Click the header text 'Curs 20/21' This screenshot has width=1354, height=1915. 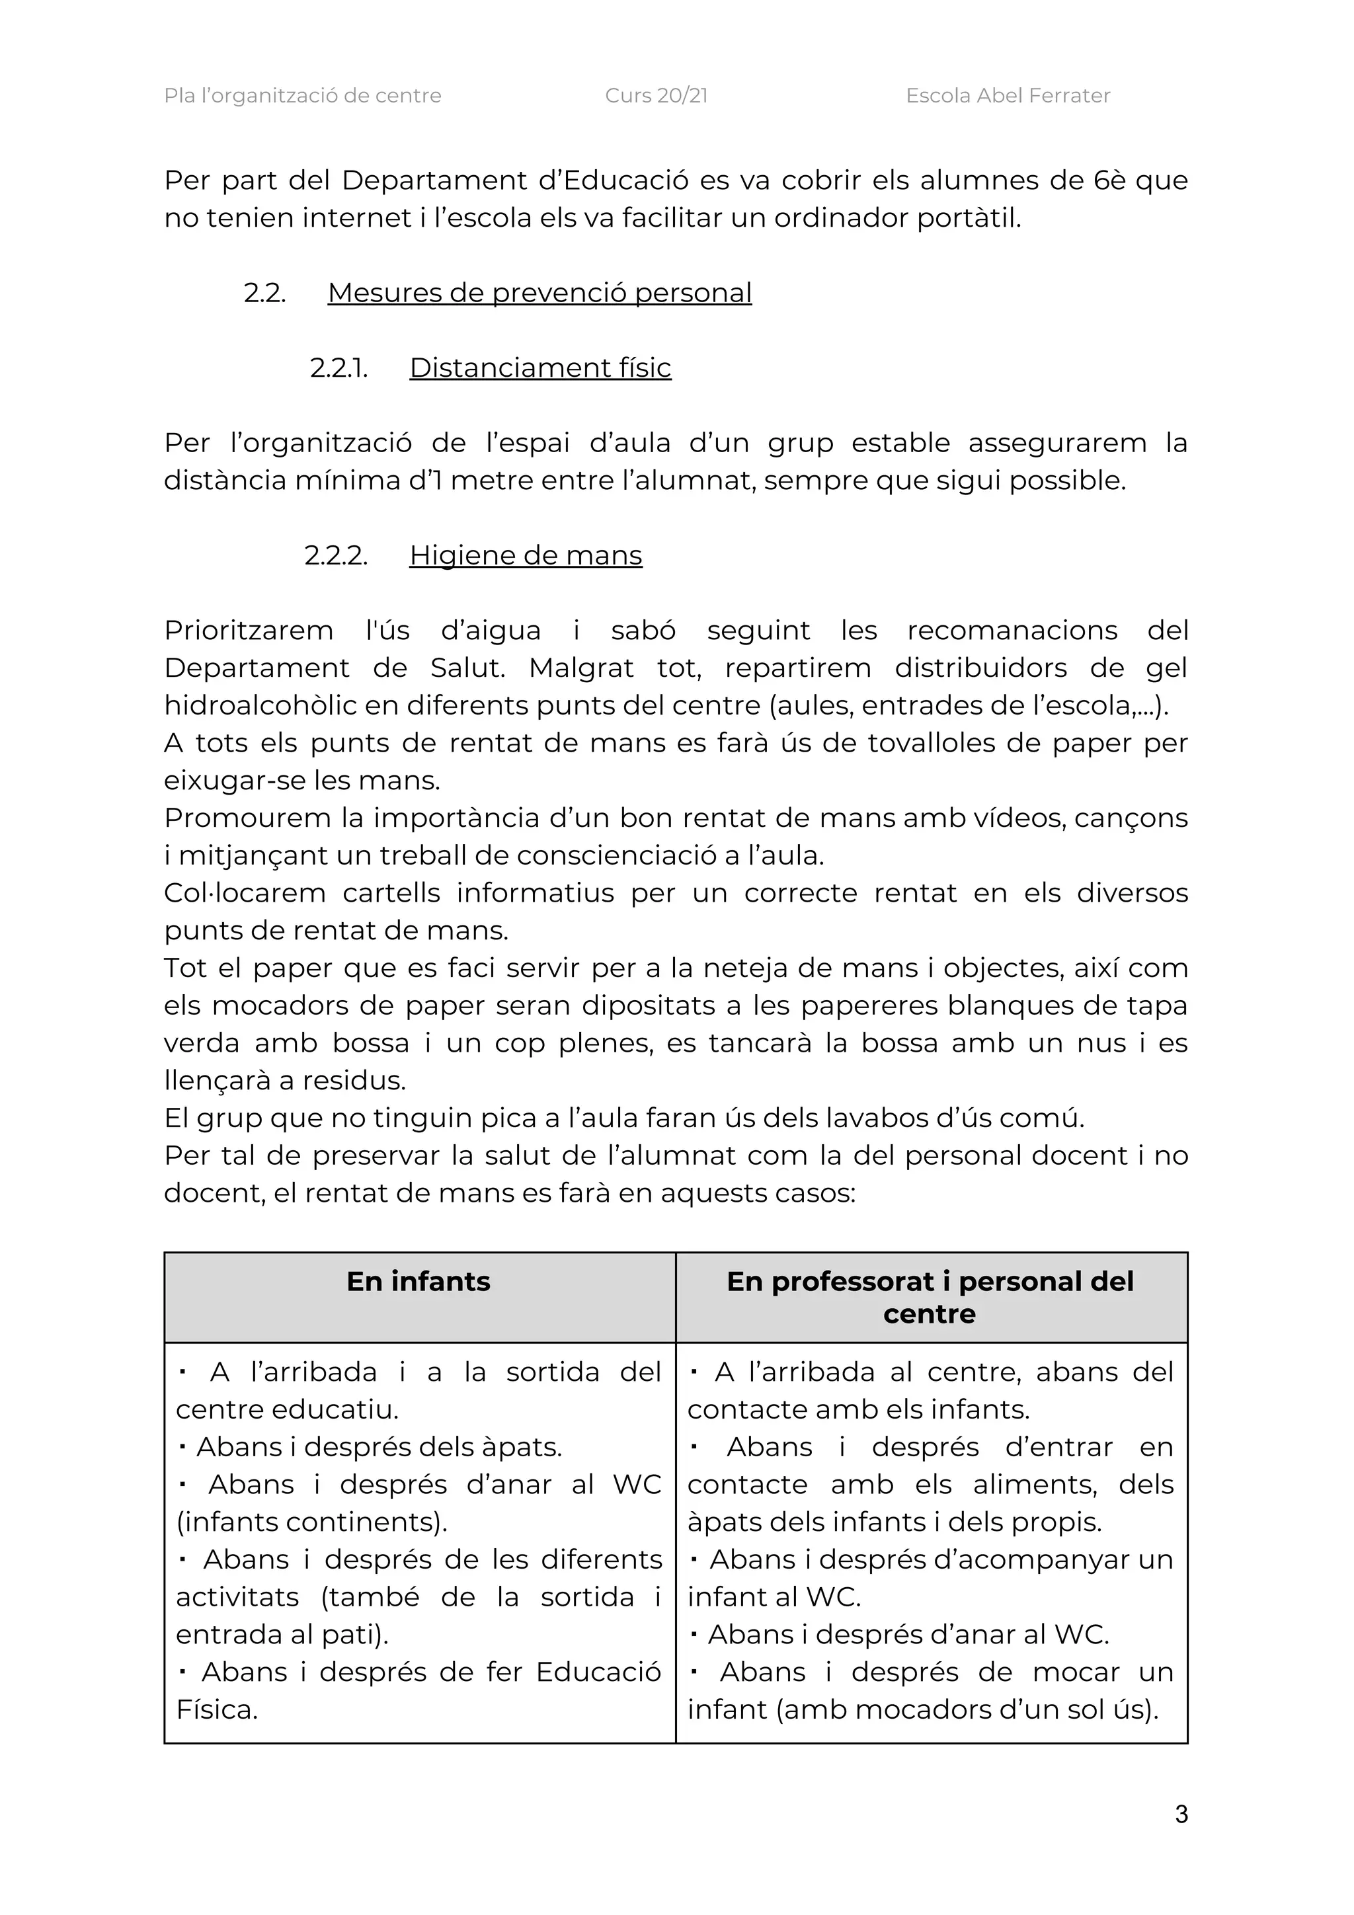coord(657,96)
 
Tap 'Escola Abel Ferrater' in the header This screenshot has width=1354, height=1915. coord(1008,96)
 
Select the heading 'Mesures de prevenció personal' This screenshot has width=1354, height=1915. coord(539,293)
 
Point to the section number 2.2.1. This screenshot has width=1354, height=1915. coord(338,368)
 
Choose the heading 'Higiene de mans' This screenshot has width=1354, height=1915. coord(526,555)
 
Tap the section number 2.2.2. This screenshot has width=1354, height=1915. coord(337,555)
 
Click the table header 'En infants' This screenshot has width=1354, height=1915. coord(418,1281)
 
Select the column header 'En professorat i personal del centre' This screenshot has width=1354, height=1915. coord(930,1297)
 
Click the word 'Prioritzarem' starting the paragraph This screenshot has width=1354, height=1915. coord(249,631)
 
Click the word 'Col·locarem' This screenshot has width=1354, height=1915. coord(245,893)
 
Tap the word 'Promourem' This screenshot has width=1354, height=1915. coord(248,818)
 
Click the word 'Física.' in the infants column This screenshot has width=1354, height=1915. coord(217,1710)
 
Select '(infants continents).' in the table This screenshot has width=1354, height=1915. coord(312,1522)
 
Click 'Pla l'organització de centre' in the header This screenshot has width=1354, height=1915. coord(303,96)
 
